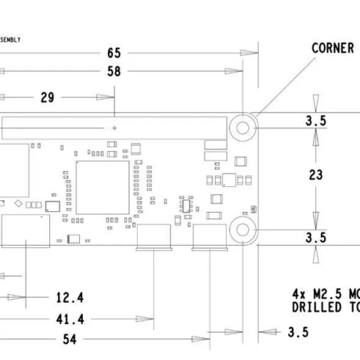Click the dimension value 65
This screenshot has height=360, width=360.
[x=114, y=53]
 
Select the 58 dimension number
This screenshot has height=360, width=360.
[x=114, y=71]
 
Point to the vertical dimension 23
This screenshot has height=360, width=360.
[x=315, y=175]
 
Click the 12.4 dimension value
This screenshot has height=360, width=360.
[x=70, y=297]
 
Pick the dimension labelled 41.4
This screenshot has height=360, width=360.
[x=70, y=319]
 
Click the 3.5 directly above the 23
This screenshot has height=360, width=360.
[x=315, y=121]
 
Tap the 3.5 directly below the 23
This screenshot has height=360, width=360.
[x=315, y=237]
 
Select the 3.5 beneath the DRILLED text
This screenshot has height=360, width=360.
[x=297, y=333]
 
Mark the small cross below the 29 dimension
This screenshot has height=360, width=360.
[x=115, y=127]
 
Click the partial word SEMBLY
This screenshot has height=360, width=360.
[x=10, y=39]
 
